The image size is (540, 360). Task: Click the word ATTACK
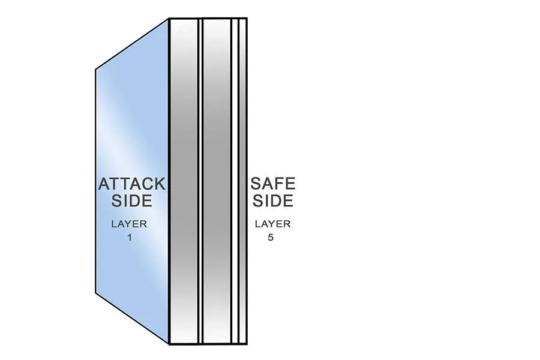point(131,183)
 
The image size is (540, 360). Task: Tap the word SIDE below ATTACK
point(131,200)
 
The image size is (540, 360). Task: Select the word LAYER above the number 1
point(128,224)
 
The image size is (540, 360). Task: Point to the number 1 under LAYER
point(129,237)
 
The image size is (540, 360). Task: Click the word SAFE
point(273,183)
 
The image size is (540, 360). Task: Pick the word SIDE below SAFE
point(273,200)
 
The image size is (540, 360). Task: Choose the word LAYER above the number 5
point(272,224)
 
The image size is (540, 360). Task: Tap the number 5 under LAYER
point(273,237)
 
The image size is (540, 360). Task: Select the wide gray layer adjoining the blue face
point(184,120)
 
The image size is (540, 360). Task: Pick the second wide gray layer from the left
point(218,120)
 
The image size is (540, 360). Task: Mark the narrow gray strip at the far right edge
point(243,120)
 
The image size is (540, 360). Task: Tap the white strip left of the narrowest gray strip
point(236,120)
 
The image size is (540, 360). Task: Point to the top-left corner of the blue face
point(96,71)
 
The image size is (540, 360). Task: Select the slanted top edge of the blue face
point(132,44)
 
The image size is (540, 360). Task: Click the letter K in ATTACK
point(160,183)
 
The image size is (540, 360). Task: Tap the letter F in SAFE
point(278,183)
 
